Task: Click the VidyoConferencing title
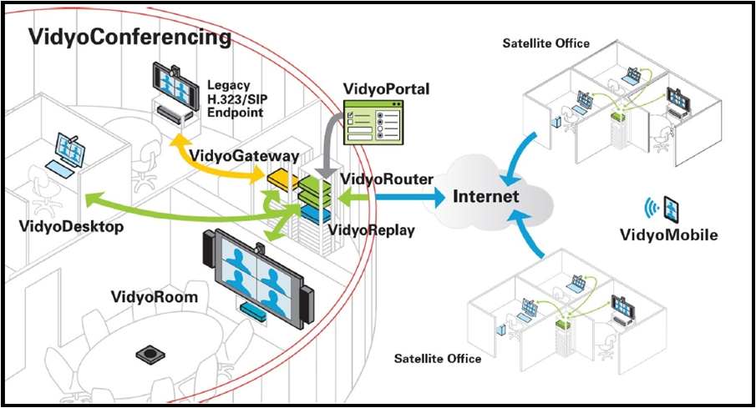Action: point(129,38)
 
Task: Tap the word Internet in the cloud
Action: point(485,197)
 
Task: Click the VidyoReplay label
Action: point(371,230)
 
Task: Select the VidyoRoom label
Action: point(155,297)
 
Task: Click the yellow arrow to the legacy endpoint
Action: point(217,166)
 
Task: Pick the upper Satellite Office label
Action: point(545,43)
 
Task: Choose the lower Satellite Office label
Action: point(437,359)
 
